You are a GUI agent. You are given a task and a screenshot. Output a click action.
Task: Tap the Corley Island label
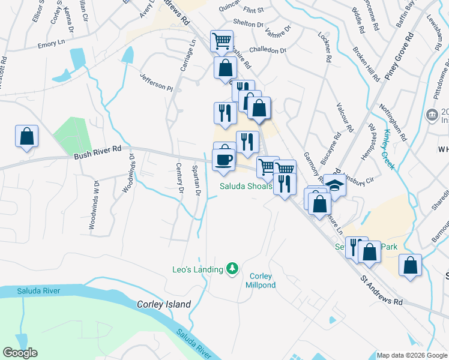click(x=164, y=304)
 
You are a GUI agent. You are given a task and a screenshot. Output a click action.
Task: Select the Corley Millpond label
click(x=262, y=280)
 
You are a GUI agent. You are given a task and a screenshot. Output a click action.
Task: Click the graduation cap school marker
click(x=335, y=185)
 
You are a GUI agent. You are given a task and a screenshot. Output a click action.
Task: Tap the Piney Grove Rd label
click(x=399, y=59)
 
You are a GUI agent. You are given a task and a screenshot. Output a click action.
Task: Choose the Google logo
click(x=20, y=353)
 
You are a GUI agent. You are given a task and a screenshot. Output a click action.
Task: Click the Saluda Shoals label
click(x=246, y=186)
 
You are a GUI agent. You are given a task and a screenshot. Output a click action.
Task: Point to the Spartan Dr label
click(x=196, y=181)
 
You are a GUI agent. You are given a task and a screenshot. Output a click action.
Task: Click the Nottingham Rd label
click(x=393, y=122)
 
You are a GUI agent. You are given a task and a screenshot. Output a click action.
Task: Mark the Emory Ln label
click(x=51, y=44)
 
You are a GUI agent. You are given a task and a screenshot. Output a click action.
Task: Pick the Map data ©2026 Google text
click(x=412, y=355)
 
